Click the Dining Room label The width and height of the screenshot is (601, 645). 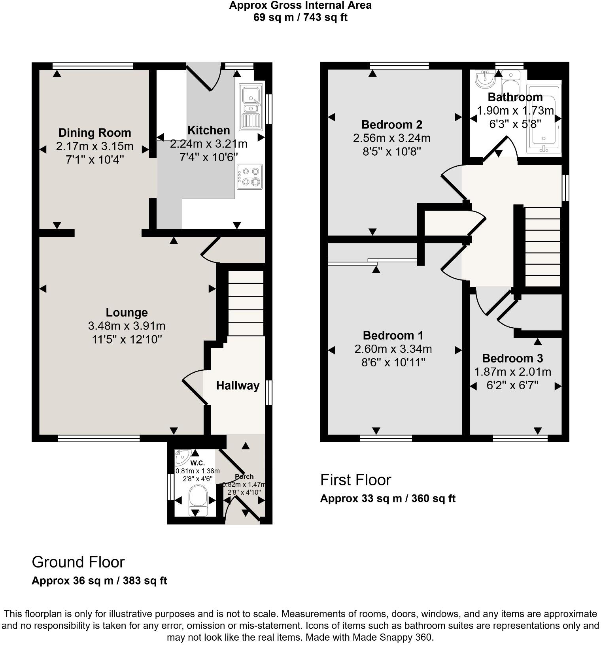(x=94, y=132)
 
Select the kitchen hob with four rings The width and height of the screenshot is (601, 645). (x=250, y=177)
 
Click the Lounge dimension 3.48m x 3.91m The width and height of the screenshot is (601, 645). (x=127, y=326)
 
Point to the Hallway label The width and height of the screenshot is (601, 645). (x=238, y=385)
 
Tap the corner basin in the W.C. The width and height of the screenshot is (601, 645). (x=182, y=457)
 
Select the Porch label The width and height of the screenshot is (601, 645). (x=244, y=476)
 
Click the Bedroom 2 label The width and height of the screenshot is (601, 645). (x=391, y=124)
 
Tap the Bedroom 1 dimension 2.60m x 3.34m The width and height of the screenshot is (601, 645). (x=393, y=349)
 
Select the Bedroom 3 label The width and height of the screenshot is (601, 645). (x=512, y=358)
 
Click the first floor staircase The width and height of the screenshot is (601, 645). (x=542, y=247)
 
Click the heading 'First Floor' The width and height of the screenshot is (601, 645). (x=355, y=480)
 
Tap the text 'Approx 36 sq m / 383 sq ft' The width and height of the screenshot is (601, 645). (x=99, y=581)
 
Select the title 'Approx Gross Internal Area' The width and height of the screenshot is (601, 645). (x=300, y=6)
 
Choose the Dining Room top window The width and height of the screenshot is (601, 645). (x=93, y=66)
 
